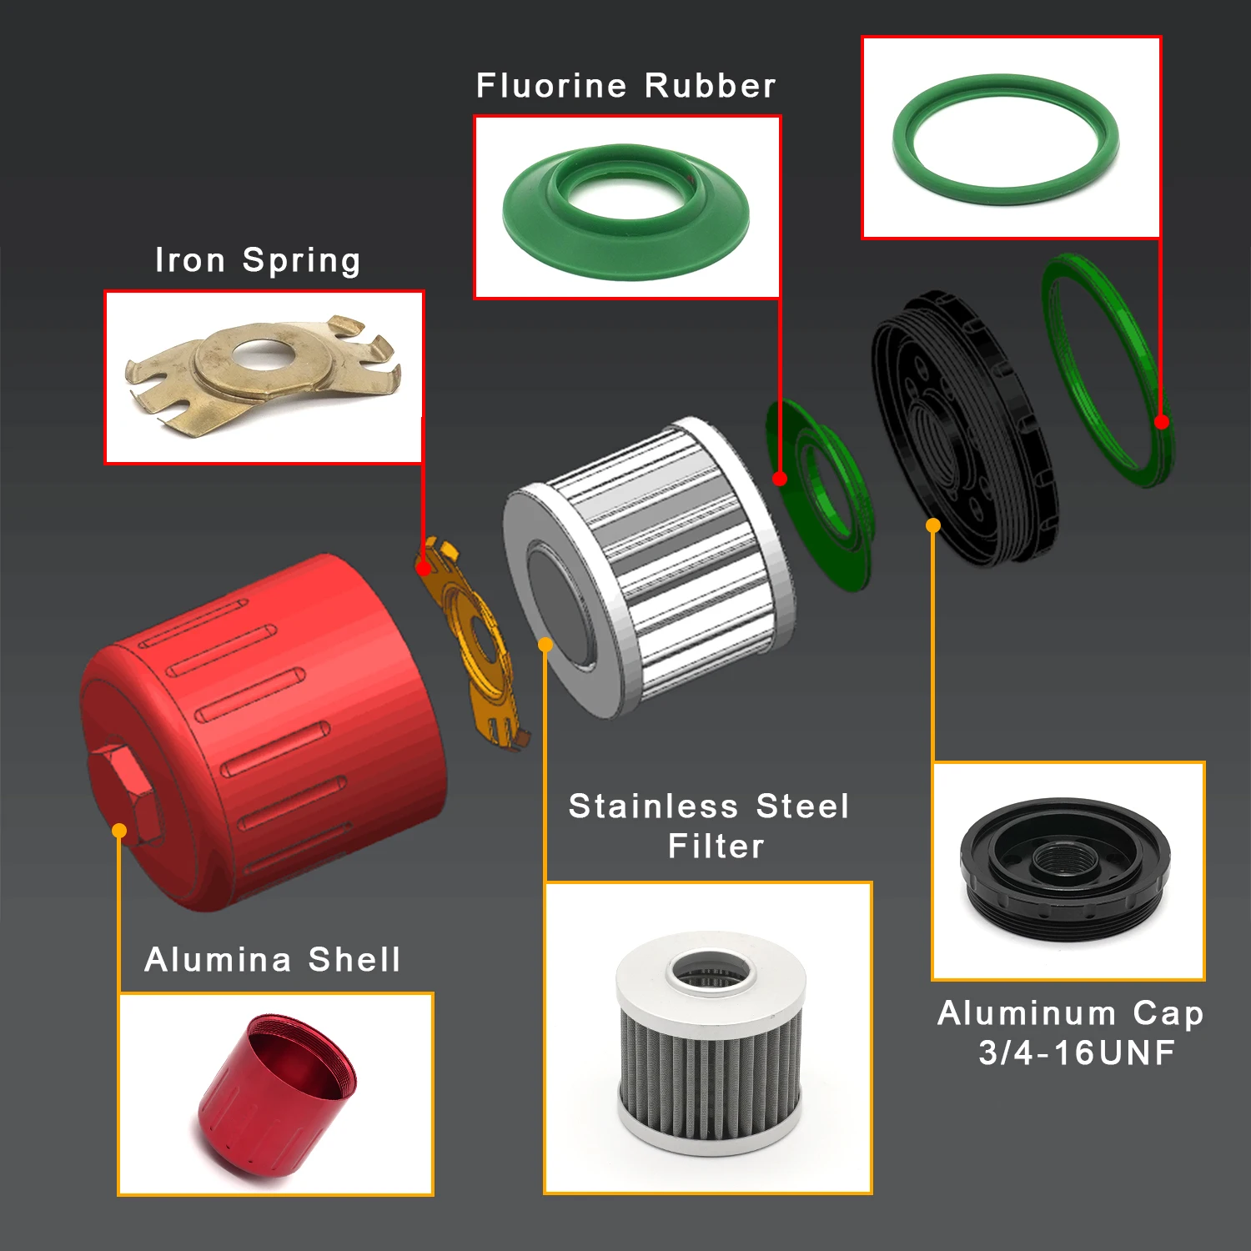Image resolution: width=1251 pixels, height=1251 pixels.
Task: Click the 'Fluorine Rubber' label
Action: (x=625, y=86)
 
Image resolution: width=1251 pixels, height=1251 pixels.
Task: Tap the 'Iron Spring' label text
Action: (x=258, y=260)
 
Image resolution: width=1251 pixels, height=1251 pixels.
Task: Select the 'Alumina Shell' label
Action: (x=273, y=960)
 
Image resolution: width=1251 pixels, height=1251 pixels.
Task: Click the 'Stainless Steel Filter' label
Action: (x=709, y=826)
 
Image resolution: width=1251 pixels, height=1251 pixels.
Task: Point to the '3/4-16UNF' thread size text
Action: (x=1077, y=1053)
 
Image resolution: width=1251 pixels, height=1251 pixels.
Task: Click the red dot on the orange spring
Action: (x=424, y=569)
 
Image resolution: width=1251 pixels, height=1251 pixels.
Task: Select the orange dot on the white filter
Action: (x=545, y=645)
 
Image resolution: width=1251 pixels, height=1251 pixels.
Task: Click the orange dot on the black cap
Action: (x=933, y=525)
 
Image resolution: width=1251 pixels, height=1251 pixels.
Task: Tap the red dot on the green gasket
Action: (x=780, y=479)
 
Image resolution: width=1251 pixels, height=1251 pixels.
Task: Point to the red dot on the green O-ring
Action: (x=1162, y=422)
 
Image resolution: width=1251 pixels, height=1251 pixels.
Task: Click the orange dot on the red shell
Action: (x=119, y=831)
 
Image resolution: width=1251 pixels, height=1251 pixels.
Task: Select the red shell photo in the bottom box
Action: (x=277, y=1093)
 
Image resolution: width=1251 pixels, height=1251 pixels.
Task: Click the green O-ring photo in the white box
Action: (x=1006, y=138)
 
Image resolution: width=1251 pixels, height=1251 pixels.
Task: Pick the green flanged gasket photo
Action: (x=625, y=208)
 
